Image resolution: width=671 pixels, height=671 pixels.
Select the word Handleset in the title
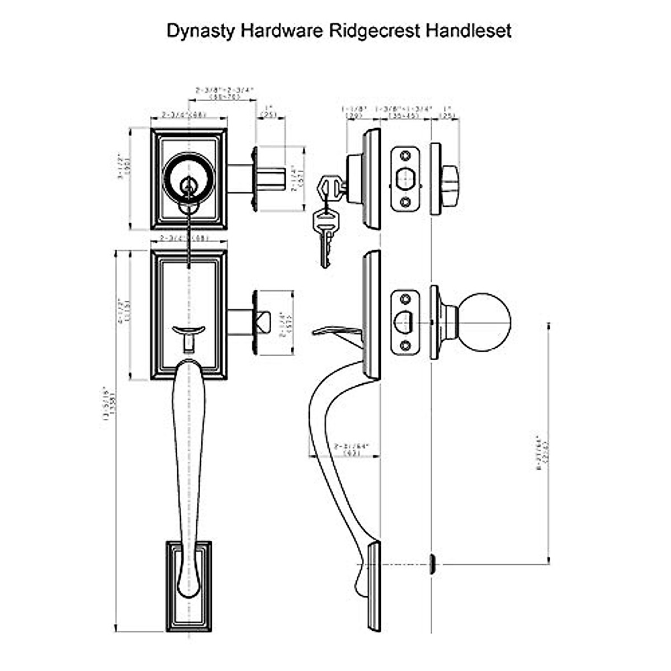click(469, 30)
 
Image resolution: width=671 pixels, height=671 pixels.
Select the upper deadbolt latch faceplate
click(404, 179)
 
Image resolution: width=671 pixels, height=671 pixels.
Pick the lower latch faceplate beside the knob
click(404, 322)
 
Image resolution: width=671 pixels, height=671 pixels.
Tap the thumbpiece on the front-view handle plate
click(189, 335)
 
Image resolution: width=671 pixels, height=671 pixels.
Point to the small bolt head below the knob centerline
click(432, 564)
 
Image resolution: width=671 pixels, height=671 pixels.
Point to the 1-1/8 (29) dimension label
click(353, 112)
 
